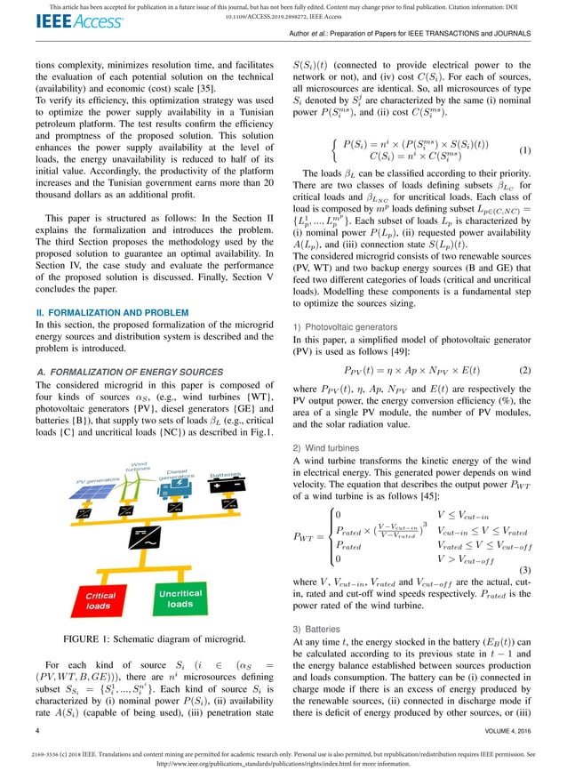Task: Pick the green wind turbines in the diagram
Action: click(125, 485)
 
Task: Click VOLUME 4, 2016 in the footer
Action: click(504, 730)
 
